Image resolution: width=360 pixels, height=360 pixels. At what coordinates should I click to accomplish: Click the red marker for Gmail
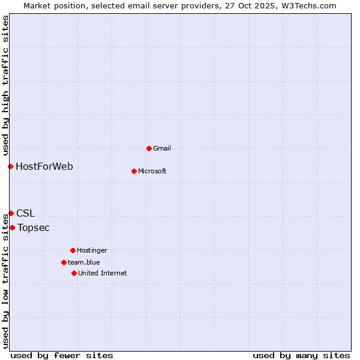point(149,148)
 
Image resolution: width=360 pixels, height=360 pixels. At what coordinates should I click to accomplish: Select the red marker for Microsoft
point(134,171)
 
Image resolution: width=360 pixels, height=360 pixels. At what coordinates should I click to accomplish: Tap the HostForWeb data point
point(10,166)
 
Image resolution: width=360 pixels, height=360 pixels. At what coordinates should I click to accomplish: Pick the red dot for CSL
point(11,213)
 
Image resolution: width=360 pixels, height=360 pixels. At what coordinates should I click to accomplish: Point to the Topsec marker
point(12,227)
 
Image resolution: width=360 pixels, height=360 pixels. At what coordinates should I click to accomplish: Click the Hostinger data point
point(73,250)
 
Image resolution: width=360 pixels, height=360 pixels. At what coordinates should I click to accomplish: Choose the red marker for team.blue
point(64,262)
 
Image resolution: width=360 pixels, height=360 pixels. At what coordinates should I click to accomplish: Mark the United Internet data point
point(74,273)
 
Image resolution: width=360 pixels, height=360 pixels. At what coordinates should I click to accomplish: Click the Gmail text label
point(162,148)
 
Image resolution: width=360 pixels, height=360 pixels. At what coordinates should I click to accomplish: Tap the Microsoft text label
point(152,171)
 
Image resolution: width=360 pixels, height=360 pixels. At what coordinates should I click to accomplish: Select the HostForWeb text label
point(44,166)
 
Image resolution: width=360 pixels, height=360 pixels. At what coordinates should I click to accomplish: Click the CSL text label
point(25,213)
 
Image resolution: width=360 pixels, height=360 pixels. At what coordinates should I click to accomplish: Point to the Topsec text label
point(34,227)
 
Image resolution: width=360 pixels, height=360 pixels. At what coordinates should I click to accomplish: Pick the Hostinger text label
point(92,250)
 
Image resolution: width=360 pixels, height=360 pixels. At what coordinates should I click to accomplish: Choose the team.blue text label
point(84,262)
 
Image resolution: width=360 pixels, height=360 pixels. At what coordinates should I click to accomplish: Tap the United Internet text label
point(103,273)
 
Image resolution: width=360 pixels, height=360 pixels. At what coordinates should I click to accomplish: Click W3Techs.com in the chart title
point(306,5)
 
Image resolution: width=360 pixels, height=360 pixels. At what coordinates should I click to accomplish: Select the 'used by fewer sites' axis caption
point(62,355)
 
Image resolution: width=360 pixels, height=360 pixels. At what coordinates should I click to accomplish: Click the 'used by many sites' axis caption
point(301,355)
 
